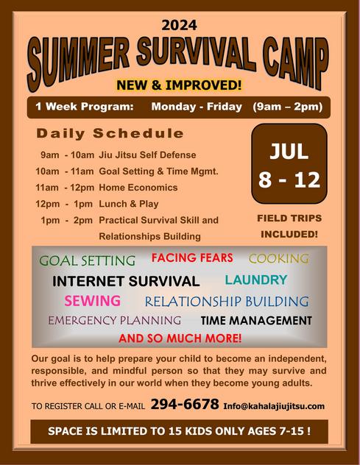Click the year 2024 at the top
click(179, 25)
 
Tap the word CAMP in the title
click(296, 63)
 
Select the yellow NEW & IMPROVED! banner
click(179, 85)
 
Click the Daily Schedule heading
click(110, 133)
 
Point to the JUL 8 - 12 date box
click(289, 163)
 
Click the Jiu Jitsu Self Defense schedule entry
click(147, 155)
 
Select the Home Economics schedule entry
click(138, 188)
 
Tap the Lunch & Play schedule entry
click(129, 204)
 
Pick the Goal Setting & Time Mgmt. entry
click(158, 171)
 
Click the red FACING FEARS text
click(192, 258)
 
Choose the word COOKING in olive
click(279, 258)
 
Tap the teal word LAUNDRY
click(256, 280)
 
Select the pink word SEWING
click(92, 301)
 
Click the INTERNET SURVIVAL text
click(126, 281)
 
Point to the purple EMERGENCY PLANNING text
click(115, 320)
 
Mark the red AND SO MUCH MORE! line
click(180, 338)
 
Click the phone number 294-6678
click(185, 404)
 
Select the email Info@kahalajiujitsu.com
click(274, 406)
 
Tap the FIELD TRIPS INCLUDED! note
click(289, 227)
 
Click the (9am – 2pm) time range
click(288, 107)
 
